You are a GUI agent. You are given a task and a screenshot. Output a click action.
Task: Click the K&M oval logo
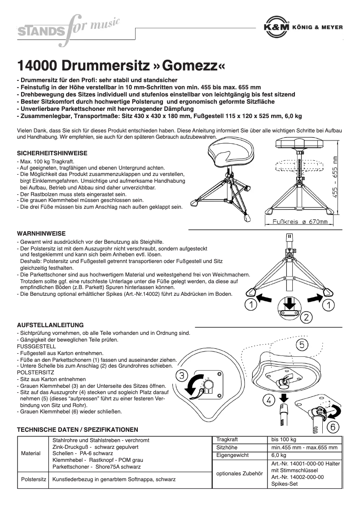click(276, 27)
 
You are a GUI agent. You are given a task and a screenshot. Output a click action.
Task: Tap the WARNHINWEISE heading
click(41, 233)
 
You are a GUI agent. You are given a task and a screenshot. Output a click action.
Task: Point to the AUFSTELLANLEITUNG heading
click(50, 325)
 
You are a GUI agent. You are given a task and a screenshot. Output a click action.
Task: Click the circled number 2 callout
click(306, 318)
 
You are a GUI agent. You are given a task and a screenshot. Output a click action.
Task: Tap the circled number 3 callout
click(181, 376)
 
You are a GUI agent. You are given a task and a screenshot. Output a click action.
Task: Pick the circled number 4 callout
click(268, 400)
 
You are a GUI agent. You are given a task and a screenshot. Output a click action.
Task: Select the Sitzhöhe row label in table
click(227, 448)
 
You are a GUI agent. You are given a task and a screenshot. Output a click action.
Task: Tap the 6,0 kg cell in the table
click(279, 455)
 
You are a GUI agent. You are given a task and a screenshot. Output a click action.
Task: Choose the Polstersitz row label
click(34, 479)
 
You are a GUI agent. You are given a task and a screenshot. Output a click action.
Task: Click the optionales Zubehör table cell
click(239, 473)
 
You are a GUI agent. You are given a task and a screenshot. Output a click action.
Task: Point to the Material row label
click(31, 453)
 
